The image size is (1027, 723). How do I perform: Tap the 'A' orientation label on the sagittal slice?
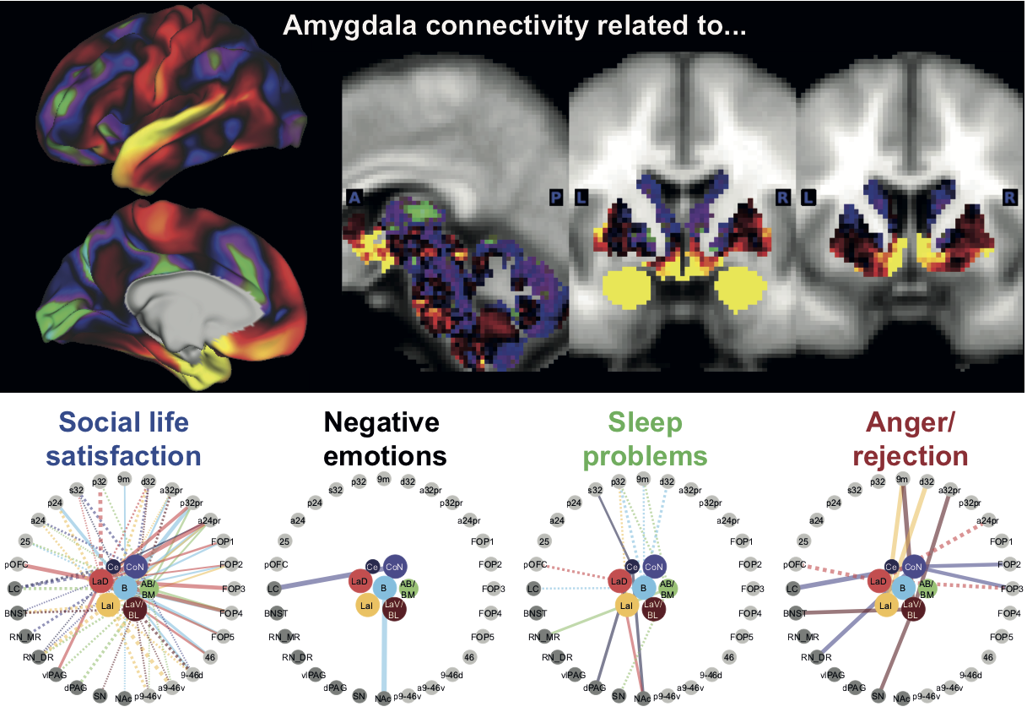[x=354, y=198]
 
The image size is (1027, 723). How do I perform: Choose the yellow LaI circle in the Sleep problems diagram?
[x=625, y=605]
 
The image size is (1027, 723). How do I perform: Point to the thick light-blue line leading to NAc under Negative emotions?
[x=385, y=650]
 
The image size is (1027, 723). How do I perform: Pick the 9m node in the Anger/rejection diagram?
[x=902, y=480]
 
